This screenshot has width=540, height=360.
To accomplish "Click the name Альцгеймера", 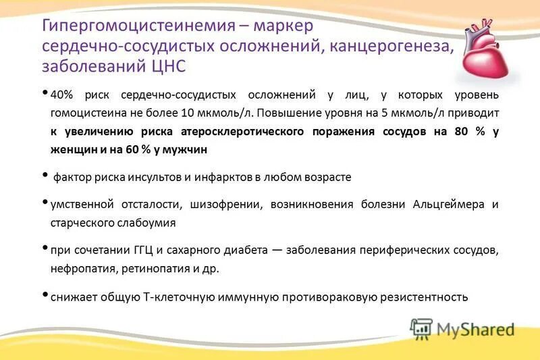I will pos(448,205).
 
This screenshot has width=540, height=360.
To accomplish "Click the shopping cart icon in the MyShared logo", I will pos(421,328).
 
